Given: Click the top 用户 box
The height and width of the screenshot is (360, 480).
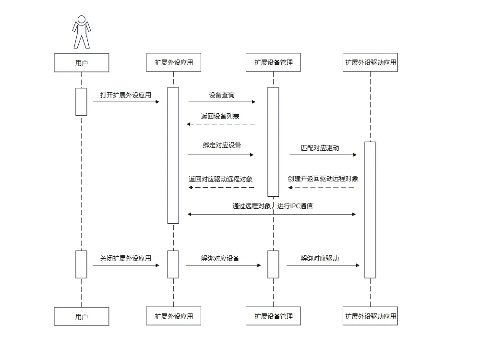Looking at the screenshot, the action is (82, 63).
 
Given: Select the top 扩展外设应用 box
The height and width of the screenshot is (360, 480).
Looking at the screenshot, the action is (174, 62).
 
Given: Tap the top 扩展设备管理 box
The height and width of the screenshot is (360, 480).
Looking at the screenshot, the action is (274, 62).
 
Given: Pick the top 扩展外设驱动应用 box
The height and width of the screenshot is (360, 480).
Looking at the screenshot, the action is (371, 62).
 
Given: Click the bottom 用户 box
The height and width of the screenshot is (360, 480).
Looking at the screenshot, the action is (82, 316).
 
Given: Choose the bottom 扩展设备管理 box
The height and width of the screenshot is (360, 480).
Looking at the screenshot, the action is (274, 316).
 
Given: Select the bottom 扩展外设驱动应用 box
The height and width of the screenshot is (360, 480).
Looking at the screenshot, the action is (371, 316).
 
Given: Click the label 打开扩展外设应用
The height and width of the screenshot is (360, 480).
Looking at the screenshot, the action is (125, 95).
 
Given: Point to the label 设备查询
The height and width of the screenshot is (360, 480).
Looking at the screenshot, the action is (222, 95).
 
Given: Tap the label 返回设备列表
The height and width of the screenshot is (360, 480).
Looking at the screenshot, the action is (220, 116).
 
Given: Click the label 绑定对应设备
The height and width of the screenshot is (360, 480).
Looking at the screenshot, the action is (222, 145).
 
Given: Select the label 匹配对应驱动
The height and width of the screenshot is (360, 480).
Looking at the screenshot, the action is (320, 148).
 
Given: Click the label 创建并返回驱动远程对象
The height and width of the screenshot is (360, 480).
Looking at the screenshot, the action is (323, 179).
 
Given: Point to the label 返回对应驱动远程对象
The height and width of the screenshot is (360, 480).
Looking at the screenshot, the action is (220, 180).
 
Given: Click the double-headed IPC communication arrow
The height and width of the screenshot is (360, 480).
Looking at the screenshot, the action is (272, 214).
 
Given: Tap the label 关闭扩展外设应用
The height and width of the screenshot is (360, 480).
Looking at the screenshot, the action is (125, 258).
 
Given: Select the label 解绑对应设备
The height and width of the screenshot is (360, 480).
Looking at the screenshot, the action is (220, 258).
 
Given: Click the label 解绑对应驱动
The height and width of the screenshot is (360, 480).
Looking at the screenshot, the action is (320, 258).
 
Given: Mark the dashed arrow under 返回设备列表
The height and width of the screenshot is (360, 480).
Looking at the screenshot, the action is (221, 124).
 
